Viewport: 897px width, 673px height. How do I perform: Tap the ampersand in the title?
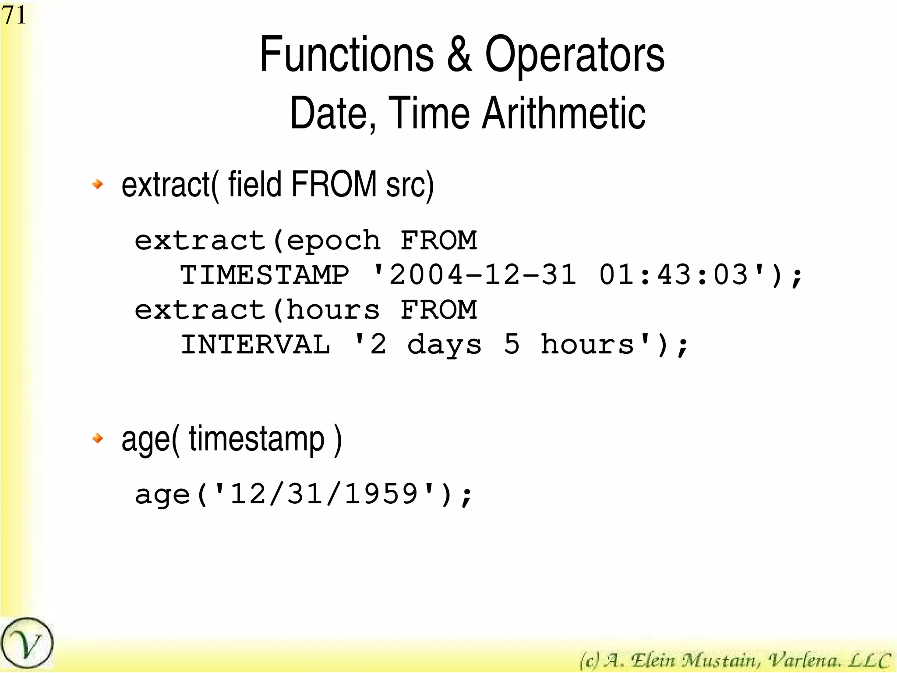coord(459,55)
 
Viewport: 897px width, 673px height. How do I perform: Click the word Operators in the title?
coord(575,55)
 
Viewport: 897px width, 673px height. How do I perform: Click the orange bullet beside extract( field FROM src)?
coord(98,184)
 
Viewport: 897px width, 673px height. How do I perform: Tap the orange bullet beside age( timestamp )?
coord(98,438)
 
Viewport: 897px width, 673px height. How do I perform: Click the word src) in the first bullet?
coord(410,184)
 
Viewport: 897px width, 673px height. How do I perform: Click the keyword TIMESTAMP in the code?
coord(265,275)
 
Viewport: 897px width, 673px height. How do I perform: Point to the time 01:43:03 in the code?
coord(674,275)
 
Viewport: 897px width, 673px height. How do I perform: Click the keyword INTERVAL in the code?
coord(255,345)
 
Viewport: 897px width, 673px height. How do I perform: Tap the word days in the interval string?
coord(444,345)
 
